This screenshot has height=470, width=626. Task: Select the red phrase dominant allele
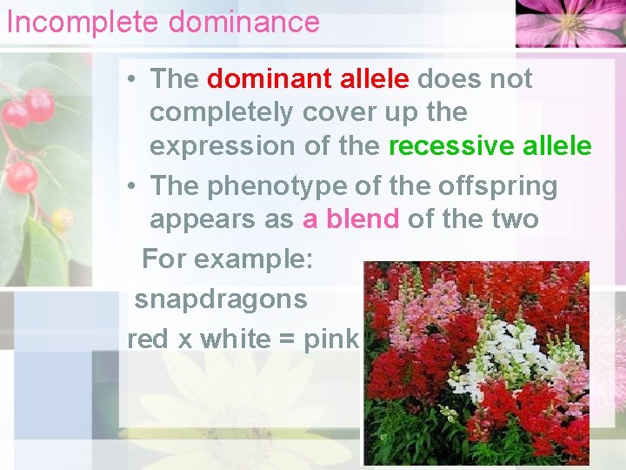tap(308, 79)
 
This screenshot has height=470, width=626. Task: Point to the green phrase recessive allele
tap(489, 146)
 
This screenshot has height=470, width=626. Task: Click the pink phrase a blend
tap(350, 218)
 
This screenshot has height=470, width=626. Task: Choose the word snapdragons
tap(221, 299)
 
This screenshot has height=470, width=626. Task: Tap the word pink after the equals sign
tap(331, 339)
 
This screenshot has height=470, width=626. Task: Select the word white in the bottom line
tap(236, 339)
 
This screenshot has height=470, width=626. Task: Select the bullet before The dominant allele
tap(129, 80)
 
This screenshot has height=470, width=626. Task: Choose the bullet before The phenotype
tap(129, 186)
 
